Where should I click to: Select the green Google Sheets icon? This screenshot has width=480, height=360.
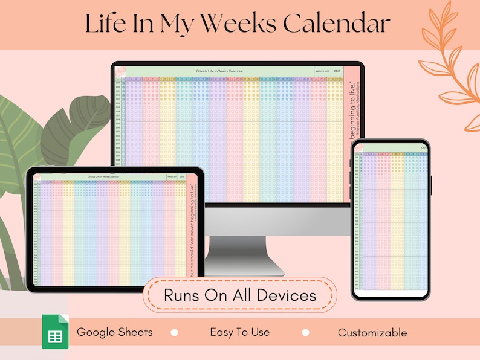pos(55,332)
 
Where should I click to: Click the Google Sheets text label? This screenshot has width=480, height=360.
pos(115,332)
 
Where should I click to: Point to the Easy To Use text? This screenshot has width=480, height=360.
pos(240,332)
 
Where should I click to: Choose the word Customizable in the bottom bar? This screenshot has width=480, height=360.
pos(372,333)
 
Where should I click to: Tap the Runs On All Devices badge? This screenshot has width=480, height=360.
pos(239,295)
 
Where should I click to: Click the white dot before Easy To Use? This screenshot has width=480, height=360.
pos(175,333)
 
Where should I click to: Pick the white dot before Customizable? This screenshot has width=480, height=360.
pos(306,333)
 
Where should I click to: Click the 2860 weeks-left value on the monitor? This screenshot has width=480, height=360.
pos(337,71)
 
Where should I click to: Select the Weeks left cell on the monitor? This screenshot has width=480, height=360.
pos(322,71)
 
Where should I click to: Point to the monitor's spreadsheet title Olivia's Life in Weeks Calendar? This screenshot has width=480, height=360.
pos(220,71)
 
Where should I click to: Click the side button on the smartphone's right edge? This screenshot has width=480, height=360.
pos(431,185)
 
